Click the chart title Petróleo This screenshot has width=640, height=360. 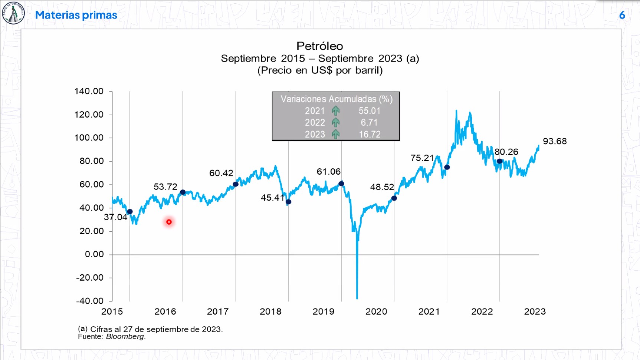point(319,46)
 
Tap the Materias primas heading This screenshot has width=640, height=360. point(76,15)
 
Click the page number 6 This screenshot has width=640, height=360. point(622,15)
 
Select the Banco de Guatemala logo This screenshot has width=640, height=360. point(13,13)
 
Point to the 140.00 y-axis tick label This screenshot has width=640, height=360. point(89,91)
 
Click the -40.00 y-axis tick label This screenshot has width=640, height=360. point(90,301)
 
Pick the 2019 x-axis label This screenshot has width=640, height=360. point(323,311)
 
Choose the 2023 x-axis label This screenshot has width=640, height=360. point(535,311)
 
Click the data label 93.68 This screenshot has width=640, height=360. point(555,141)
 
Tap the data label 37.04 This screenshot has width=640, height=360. point(115,217)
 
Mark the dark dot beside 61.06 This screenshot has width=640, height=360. point(341,184)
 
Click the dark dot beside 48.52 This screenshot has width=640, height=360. point(394,198)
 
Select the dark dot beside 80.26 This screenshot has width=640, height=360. point(499,161)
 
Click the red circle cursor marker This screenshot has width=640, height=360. point(169,222)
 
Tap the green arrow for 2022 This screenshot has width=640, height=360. point(336,122)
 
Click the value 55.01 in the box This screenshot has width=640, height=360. point(370,111)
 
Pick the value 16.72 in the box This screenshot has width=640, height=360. point(370,134)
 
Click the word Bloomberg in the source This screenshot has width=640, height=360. point(125,337)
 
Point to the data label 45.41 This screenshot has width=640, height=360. point(272,198)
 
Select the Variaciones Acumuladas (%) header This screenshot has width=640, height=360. point(336,99)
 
